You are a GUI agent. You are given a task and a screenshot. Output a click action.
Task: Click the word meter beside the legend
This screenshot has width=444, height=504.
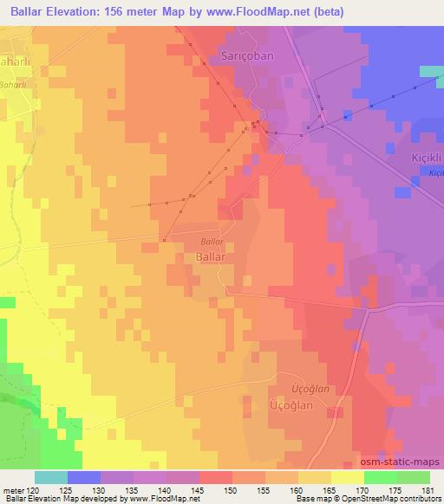(12, 490)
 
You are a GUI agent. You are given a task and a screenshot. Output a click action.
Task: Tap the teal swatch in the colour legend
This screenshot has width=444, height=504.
(51, 477)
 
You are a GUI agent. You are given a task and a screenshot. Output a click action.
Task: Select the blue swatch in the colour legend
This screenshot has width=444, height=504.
(84, 477)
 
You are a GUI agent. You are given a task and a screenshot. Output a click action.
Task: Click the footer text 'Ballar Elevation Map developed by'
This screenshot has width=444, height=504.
(51, 500)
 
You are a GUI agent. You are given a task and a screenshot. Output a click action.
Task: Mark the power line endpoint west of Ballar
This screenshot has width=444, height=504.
(131, 207)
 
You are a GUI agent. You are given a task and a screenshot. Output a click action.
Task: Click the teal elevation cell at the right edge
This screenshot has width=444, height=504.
(432, 71)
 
